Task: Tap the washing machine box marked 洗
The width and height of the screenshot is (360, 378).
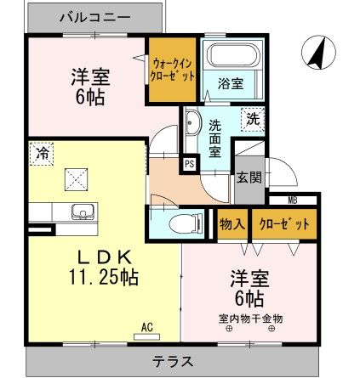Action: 253,119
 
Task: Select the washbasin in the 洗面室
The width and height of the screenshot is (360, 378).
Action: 191,124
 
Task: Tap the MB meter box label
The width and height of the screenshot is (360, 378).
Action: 292,200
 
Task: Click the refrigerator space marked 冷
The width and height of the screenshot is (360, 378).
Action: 40,155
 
